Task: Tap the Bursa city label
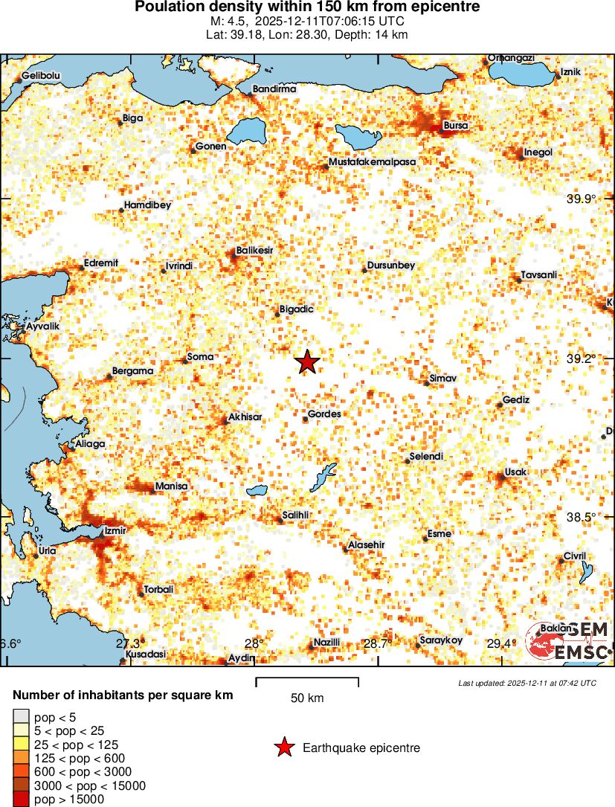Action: pos(456,126)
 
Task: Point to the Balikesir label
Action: pos(254,251)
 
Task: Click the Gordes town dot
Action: pos(305,419)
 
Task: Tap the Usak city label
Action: pos(515,472)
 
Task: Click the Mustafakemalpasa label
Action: pos(372,161)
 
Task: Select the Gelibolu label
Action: pos(40,76)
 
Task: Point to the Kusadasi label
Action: pos(145,655)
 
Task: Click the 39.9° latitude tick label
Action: pos(582,199)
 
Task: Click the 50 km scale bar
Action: pos(307,679)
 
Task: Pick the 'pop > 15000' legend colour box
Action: pos(21,800)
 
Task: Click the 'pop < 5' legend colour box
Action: pos(21,716)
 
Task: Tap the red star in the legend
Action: pos(283,748)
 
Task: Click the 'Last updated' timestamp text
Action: pos(527,683)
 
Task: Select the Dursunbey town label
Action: pos(391,266)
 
